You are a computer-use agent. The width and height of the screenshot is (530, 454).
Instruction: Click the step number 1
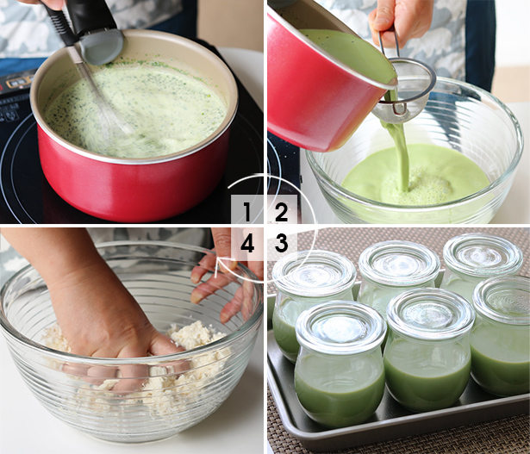246,212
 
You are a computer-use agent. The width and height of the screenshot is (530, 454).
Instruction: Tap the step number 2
281,212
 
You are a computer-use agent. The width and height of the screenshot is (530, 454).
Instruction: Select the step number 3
281,243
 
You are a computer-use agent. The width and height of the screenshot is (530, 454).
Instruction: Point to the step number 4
247,243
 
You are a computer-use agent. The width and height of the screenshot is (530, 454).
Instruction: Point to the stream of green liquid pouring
398,152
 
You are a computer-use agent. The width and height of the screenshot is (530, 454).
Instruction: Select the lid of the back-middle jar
399,263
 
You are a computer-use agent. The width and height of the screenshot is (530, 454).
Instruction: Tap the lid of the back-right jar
483,254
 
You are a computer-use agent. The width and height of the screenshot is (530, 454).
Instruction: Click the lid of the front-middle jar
430,314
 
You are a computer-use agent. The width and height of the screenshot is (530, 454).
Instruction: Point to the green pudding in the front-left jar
340,392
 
